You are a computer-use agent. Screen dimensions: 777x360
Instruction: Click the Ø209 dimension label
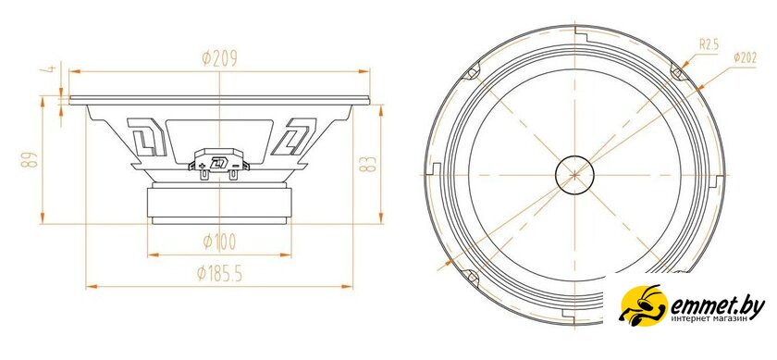point(219,58)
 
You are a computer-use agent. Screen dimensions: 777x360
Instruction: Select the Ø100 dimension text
point(219,242)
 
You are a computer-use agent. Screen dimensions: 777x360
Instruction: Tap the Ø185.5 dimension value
point(219,273)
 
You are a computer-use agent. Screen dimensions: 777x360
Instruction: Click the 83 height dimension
point(368,164)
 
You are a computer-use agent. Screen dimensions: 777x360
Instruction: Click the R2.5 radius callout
point(709,45)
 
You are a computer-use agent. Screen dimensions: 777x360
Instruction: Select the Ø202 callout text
point(745,58)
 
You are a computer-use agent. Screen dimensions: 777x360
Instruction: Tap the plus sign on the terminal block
point(202,166)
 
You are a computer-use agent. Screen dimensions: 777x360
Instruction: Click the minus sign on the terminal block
point(237,165)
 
